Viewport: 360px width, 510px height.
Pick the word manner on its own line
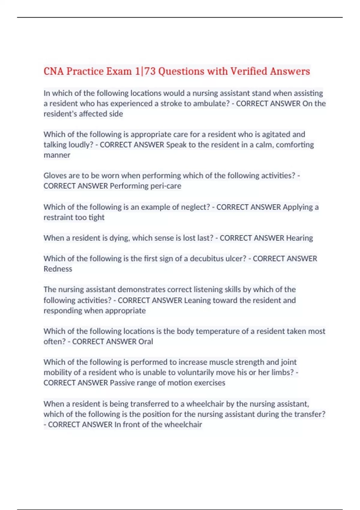57,155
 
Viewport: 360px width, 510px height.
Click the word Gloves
54,175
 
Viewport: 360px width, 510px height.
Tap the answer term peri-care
166,186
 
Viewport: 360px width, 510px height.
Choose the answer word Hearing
299,238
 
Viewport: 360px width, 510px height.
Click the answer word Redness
58,269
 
